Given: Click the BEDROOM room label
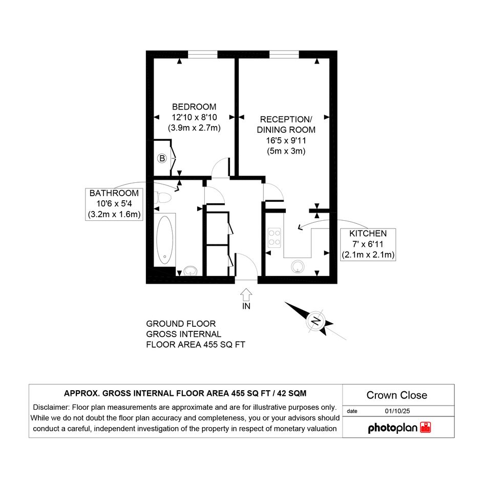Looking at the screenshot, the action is [194, 107].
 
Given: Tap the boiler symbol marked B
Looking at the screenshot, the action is [162, 158].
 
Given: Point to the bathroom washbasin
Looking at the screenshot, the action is [191, 271].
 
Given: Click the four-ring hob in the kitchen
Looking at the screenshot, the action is [274, 237].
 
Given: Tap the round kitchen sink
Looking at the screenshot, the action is [298, 267].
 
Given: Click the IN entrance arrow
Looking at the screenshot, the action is [246, 294].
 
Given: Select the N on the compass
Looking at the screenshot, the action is [315, 321].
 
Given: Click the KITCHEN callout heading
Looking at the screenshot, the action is [368, 234].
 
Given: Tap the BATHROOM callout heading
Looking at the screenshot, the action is [114, 193].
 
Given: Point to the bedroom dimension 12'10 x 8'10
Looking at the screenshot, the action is [194, 117].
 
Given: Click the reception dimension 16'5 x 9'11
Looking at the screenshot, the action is [286, 140].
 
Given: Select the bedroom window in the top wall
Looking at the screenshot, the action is [203, 55].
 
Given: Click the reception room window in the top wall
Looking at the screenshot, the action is [284, 55].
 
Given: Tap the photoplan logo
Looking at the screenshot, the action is [399, 428].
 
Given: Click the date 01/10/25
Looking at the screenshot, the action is [397, 411].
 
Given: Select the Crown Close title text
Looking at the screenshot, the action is [396, 395].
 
